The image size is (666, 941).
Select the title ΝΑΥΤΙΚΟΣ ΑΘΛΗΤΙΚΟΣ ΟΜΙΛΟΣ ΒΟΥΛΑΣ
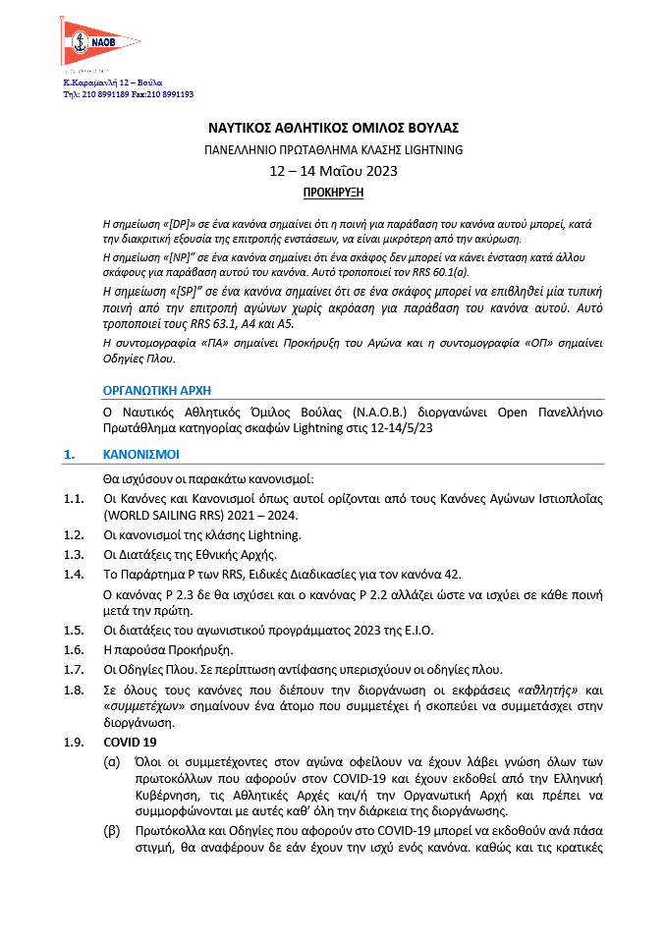tap(333, 128)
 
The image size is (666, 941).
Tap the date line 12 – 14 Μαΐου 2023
tap(333, 171)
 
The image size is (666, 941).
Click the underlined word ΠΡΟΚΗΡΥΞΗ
tap(333, 191)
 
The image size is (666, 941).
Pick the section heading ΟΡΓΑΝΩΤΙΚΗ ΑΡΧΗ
tap(156, 391)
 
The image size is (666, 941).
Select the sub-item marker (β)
tap(113, 831)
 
